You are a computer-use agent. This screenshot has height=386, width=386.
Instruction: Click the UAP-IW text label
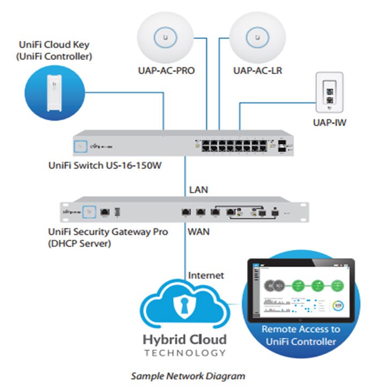click(x=330, y=123)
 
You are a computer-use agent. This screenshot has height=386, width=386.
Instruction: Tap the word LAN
click(x=198, y=189)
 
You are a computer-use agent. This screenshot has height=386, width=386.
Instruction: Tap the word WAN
click(x=199, y=232)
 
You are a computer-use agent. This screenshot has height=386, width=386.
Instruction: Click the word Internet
click(x=206, y=276)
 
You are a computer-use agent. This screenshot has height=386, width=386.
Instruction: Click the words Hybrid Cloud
click(x=184, y=339)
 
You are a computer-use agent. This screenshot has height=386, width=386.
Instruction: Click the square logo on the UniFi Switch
click(x=82, y=144)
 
